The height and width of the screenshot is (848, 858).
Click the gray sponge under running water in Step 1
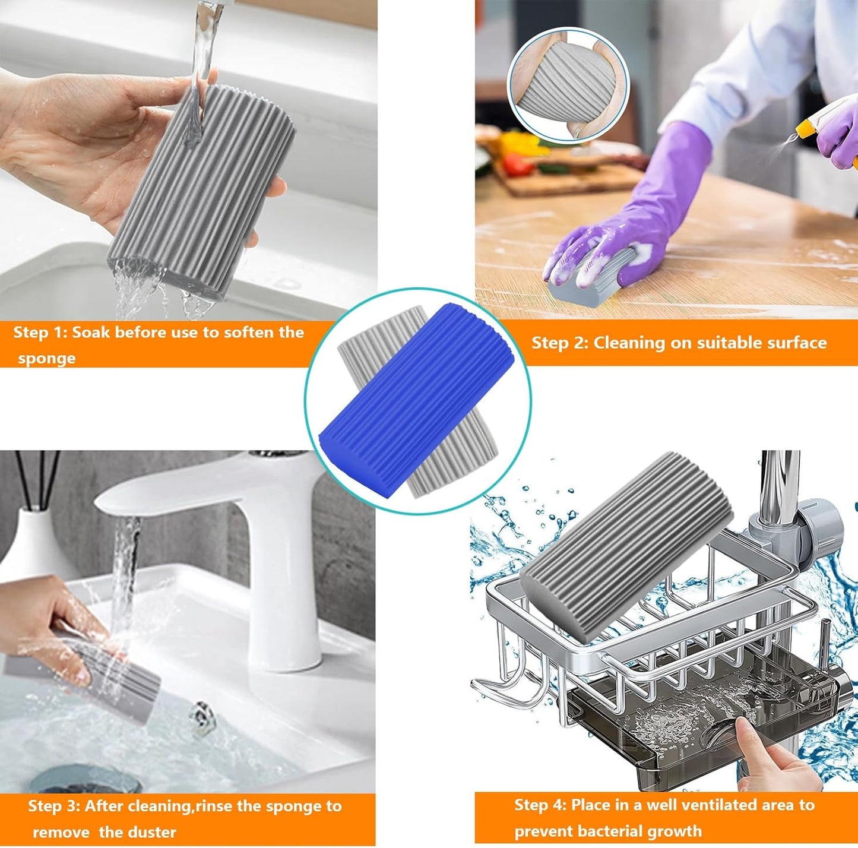[x=202, y=190]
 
